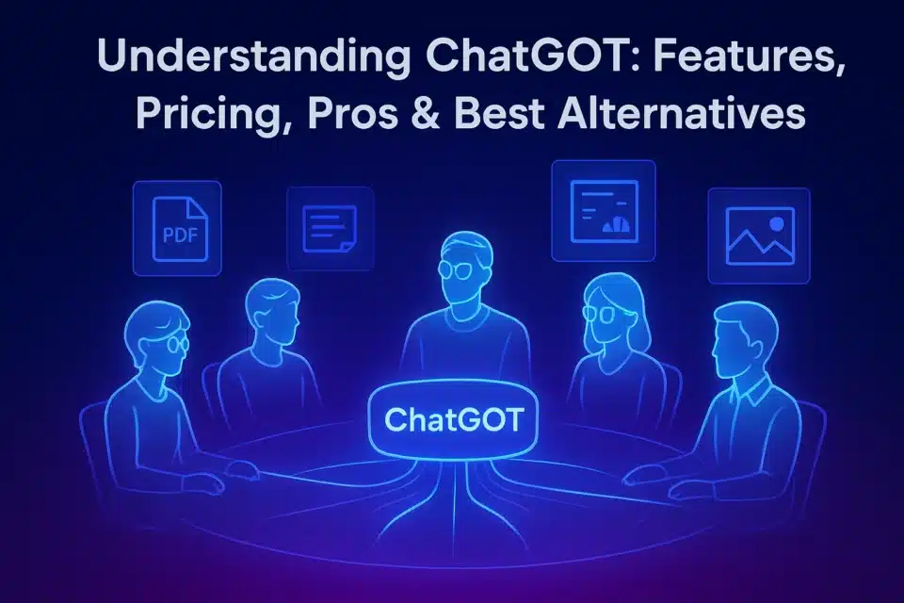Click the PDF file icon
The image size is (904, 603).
[x=177, y=228]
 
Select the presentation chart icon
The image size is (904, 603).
[x=603, y=210]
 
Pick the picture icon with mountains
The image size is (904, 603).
[x=759, y=236]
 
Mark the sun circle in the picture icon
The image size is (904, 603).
[x=776, y=224]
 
